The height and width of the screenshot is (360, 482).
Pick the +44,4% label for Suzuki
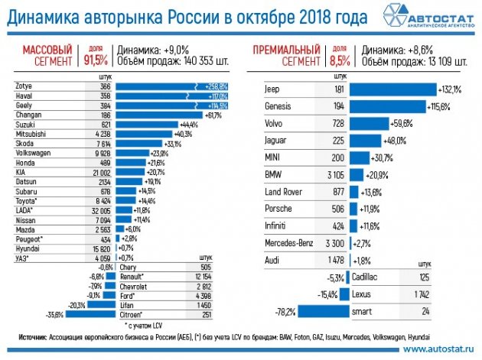pos(187,125)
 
